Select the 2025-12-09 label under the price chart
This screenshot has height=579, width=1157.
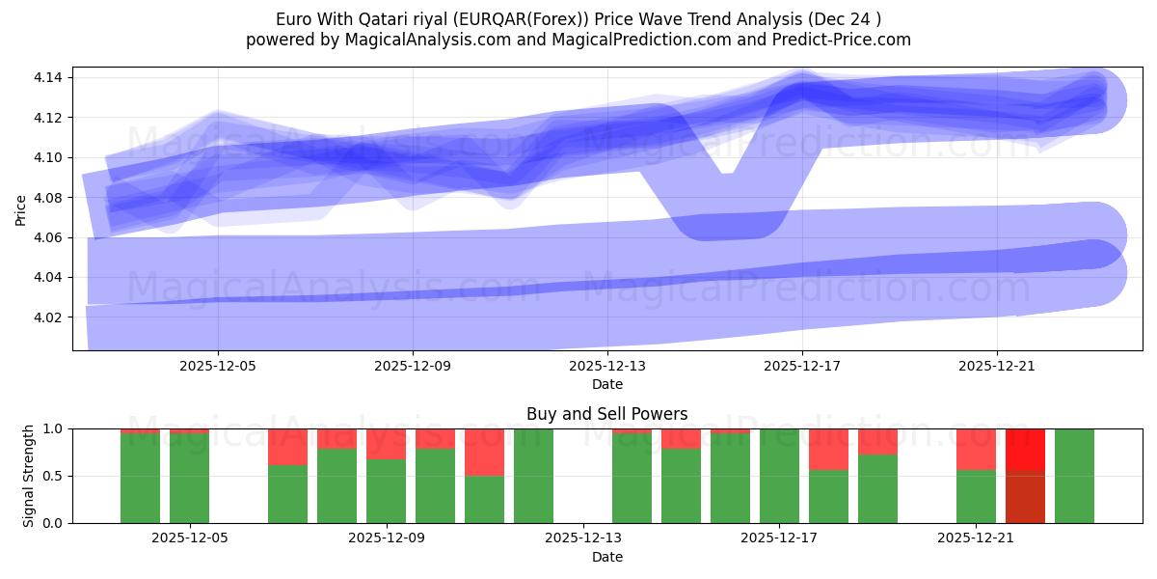click(x=413, y=366)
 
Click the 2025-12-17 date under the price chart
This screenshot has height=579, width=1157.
click(x=802, y=366)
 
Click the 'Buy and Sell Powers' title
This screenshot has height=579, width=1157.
click(x=606, y=414)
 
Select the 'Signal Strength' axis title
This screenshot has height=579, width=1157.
click(x=29, y=475)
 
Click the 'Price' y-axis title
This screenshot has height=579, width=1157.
click(x=21, y=208)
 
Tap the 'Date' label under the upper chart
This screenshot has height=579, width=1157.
click(x=606, y=384)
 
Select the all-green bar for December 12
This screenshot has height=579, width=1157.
click(x=533, y=476)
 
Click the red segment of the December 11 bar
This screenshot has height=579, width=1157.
click(x=484, y=452)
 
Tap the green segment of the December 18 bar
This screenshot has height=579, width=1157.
click(x=828, y=496)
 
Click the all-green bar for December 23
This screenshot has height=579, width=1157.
click(x=1074, y=476)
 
